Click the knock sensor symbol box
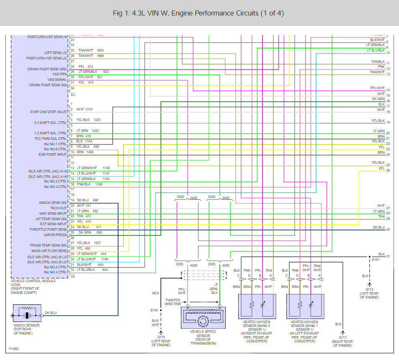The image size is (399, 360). click(27, 313)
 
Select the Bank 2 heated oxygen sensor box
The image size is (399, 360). click(257, 306)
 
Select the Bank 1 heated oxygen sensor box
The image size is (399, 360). click(305, 306)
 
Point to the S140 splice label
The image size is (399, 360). click(154, 310)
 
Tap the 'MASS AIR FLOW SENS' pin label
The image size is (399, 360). click(50, 251)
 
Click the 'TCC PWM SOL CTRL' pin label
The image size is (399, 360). click(51, 139)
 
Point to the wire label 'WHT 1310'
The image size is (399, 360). click(84, 109)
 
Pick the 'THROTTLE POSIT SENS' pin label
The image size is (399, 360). click(48, 229)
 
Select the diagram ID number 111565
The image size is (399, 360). click(14, 349)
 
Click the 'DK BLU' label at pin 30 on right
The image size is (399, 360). click(378, 227)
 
